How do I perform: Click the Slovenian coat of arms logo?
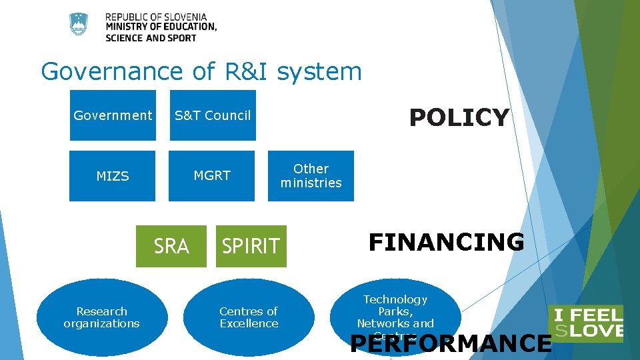(79, 25)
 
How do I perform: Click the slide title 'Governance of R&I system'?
(201, 71)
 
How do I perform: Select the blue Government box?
(113, 115)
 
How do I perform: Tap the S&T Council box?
(213, 115)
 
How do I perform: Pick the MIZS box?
(112, 176)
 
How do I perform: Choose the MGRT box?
(211, 176)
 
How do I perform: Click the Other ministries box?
(311, 176)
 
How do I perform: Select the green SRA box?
(171, 246)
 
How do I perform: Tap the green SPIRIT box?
(251, 246)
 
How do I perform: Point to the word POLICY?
(459, 118)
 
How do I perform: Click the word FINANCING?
(446, 242)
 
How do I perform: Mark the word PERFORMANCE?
(451, 343)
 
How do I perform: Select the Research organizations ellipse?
(101, 317)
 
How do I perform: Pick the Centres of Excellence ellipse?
(249, 317)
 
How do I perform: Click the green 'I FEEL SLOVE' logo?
(585, 323)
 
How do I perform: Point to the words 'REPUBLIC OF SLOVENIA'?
(156, 17)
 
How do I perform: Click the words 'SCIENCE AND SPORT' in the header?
(151, 38)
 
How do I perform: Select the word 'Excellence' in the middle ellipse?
(249, 324)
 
